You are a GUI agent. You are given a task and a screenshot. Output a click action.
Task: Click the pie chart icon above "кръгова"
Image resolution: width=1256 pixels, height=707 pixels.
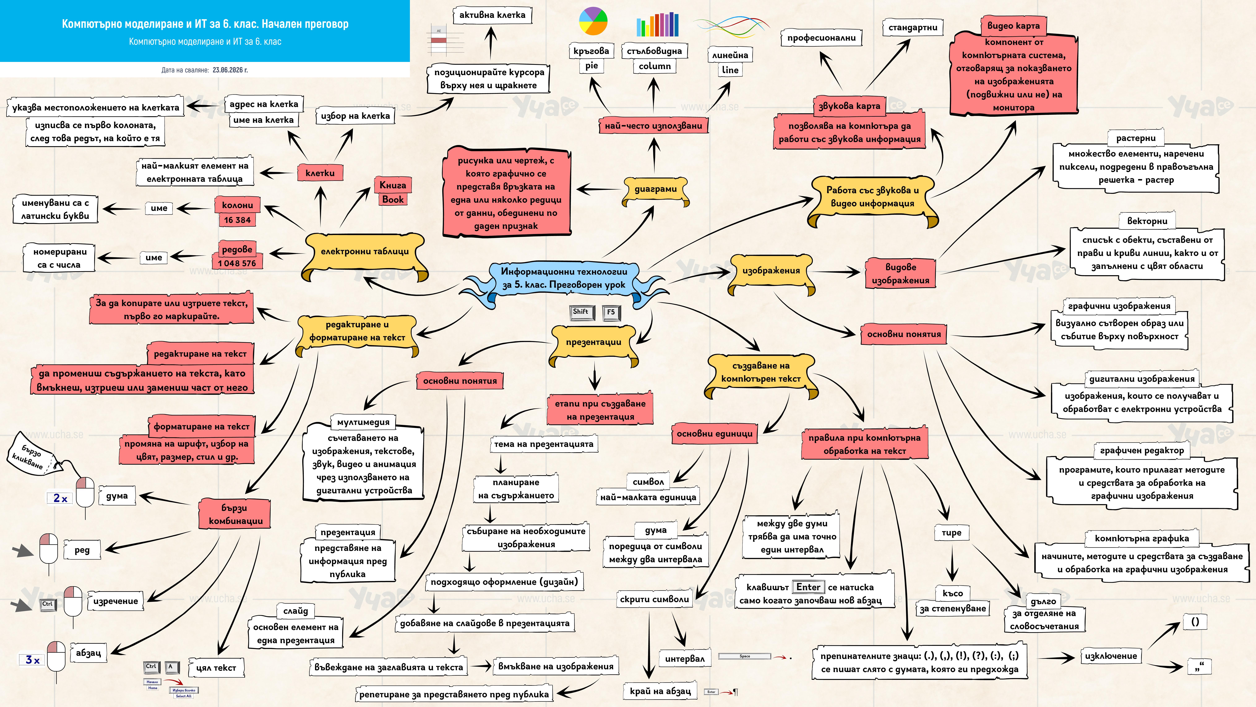(593, 21)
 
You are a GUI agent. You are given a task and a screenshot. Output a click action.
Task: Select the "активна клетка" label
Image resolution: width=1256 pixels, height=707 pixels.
(492, 15)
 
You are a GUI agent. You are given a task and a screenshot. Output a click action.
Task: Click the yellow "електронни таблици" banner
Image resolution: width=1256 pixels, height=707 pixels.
(365, 254)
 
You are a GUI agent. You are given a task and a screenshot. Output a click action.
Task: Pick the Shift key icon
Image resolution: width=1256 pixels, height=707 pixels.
(580, 312)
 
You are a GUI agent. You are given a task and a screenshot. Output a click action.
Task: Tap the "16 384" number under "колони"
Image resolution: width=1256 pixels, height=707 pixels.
(237, 220)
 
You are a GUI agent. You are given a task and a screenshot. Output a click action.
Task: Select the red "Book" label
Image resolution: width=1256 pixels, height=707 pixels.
(393, 199)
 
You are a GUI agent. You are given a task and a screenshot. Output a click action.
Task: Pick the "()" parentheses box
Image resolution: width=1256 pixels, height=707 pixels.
(1195, 622)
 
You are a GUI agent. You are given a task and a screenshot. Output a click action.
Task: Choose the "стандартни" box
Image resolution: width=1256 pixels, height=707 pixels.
(913, 28)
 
